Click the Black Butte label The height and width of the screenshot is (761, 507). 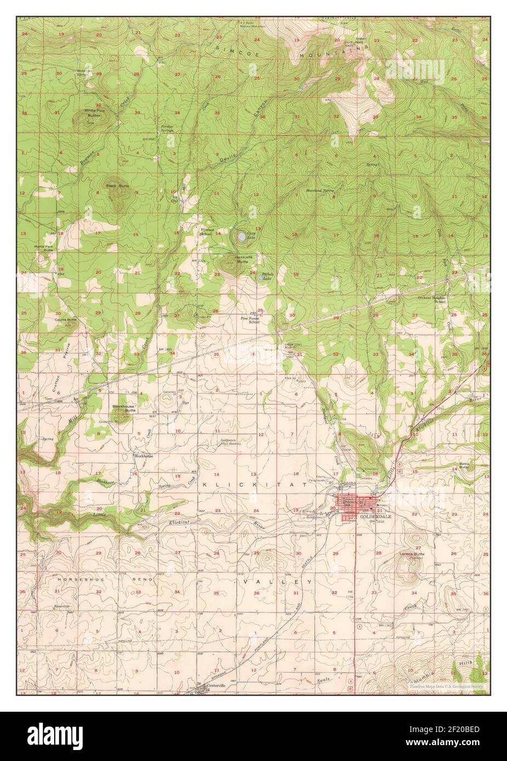click(117, 186)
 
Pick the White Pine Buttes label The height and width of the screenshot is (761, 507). click(93, 112)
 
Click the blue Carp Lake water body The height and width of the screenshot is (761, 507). click(241, 237)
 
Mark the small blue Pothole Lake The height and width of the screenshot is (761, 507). click(261, 278)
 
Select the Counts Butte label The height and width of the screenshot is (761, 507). click(65, 319)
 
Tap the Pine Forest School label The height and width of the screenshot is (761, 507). click(250, 320)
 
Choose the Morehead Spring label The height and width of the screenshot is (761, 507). click(320, 190)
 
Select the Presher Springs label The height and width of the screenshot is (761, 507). click(168, 129)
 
